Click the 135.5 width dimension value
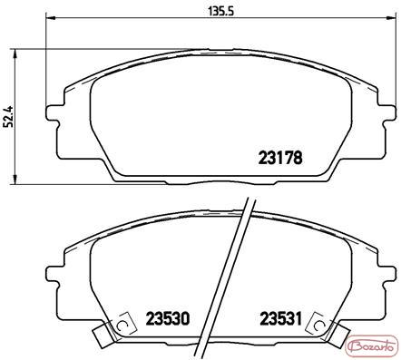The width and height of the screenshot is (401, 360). tap(221, 11)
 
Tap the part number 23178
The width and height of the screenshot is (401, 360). tap(280, 158)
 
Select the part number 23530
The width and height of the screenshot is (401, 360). tap(168, 318)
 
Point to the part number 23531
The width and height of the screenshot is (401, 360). tap(281, 318)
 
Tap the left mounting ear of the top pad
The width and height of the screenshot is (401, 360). tap(52, 112)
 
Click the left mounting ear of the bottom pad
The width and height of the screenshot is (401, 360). tap(52, 273)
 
